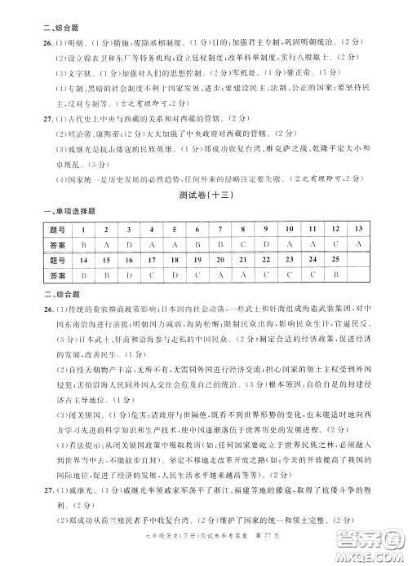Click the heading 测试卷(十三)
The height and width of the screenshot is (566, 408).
coord(204,195)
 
